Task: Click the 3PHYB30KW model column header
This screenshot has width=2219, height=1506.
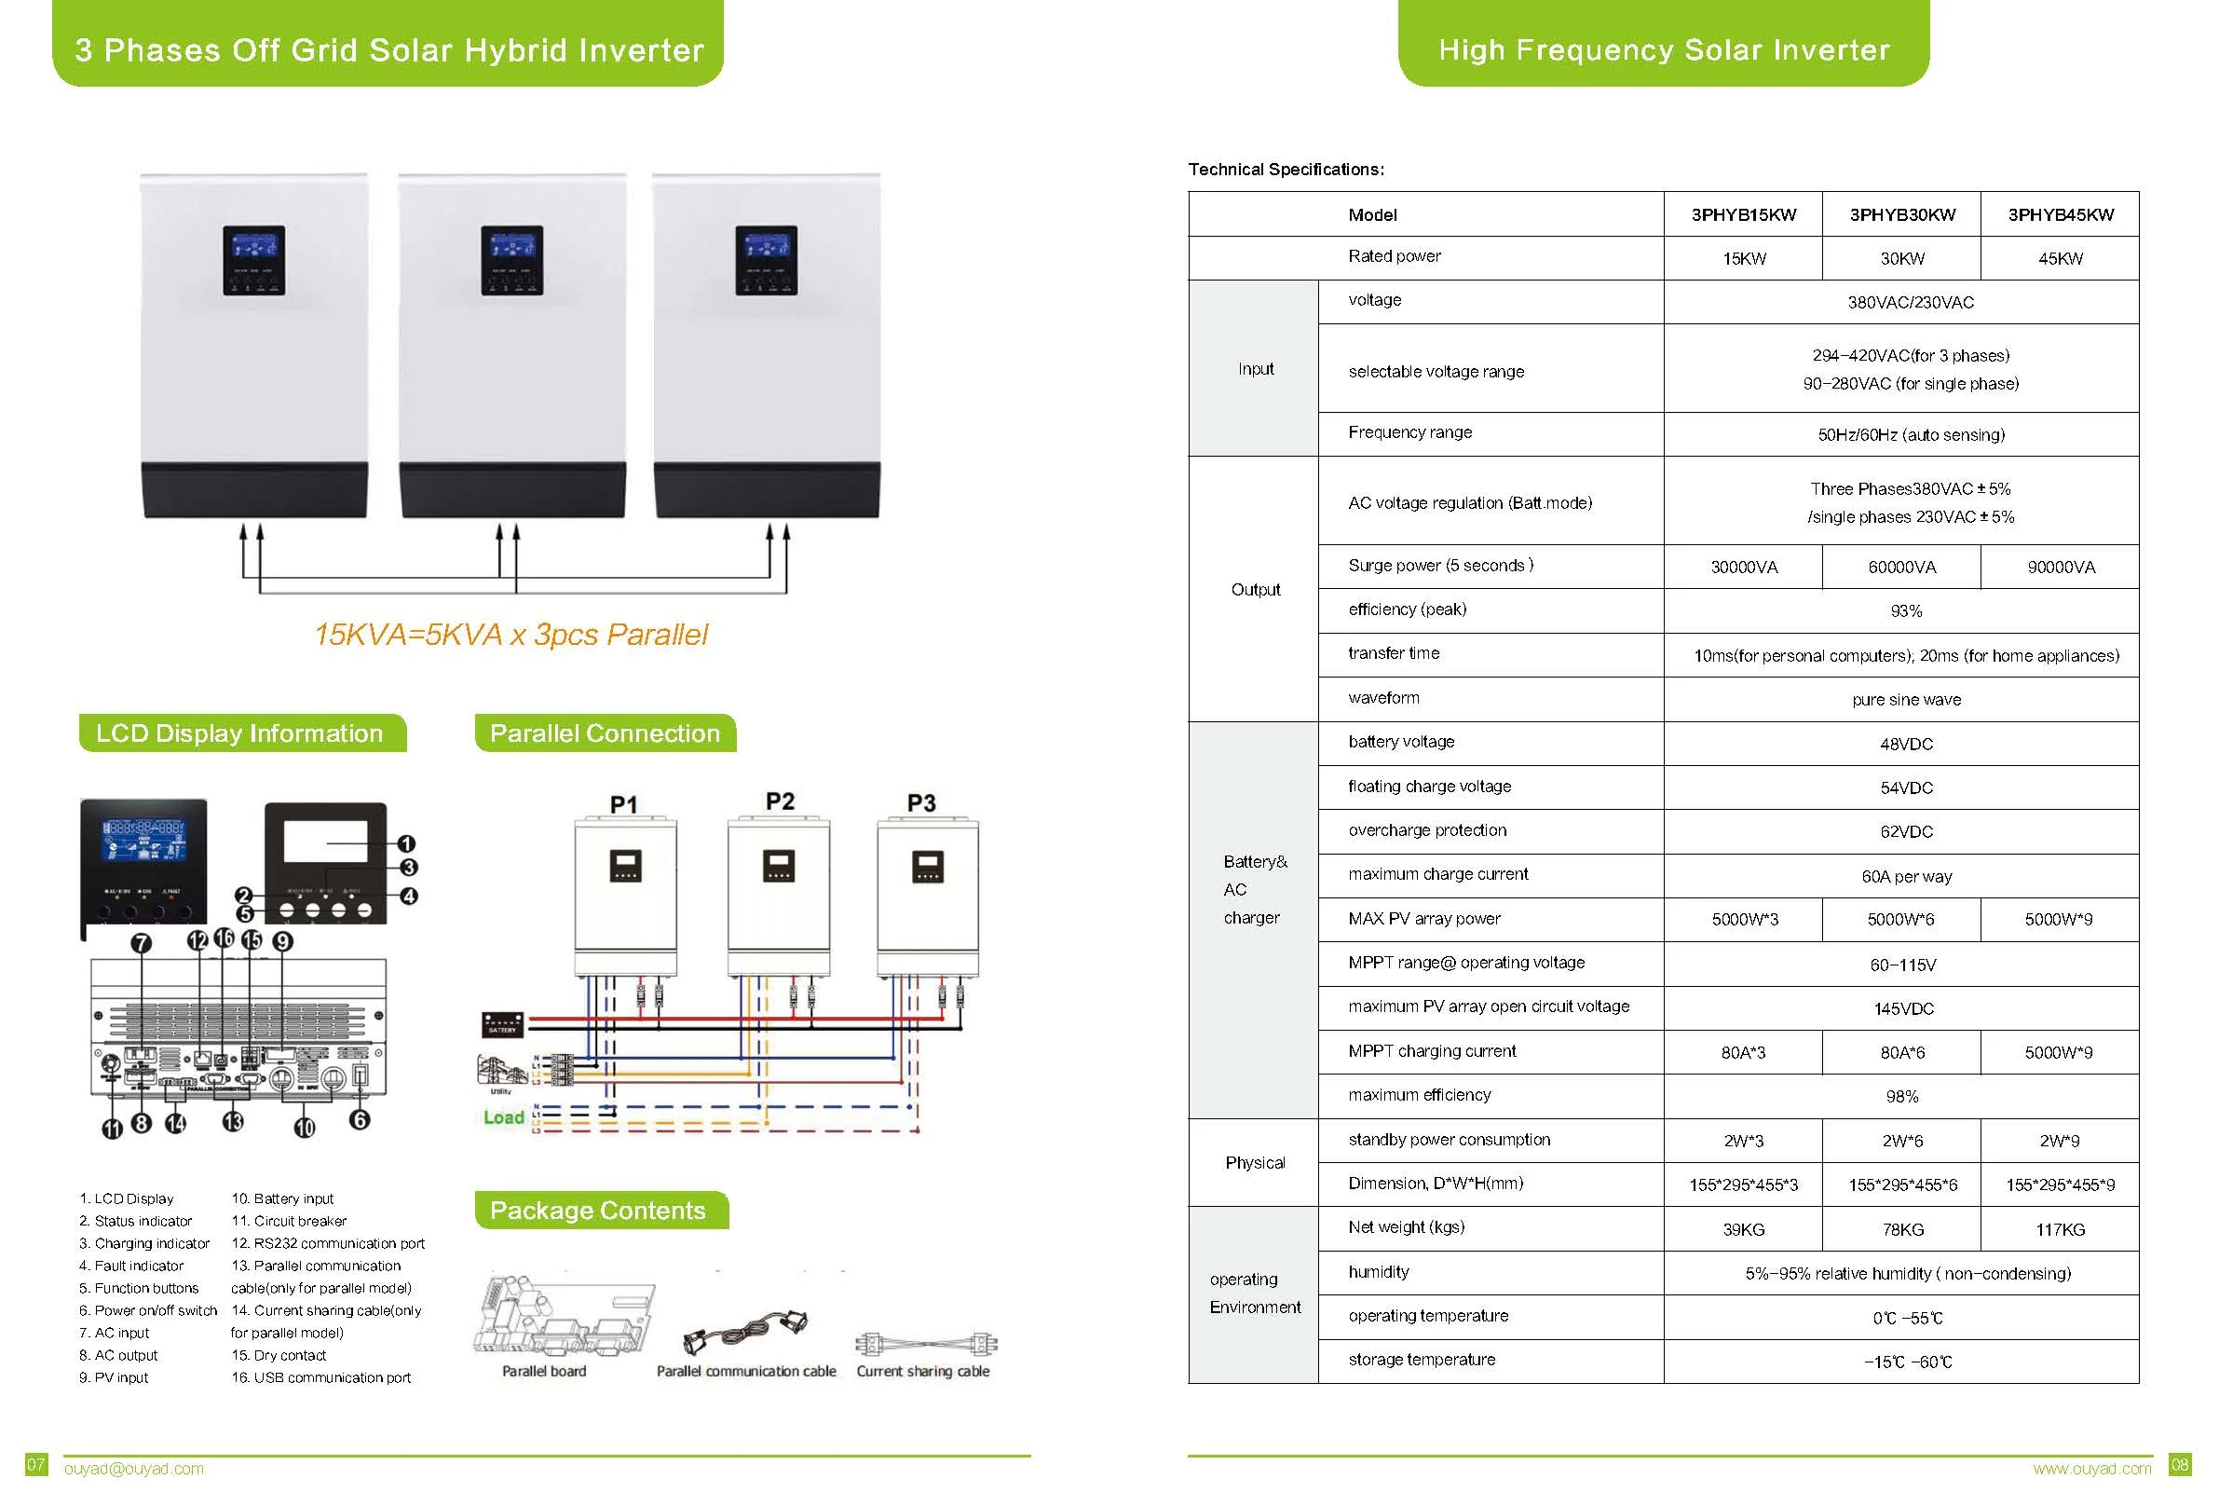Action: (x=1901, y=215)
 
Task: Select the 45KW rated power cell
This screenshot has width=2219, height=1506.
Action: (x=2060, y=259)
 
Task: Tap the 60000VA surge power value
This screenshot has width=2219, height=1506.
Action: (x=1901, y=568)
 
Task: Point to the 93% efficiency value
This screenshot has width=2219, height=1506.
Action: (x=1906, y=611)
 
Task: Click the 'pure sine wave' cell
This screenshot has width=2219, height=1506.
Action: (x=1906, y=700)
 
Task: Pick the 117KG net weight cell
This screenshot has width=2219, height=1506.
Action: (x=2060, y=1230)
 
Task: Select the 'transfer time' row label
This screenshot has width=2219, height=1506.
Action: (x=1393, y=653)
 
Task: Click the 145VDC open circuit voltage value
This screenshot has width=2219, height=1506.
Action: (x=1903, y=1008)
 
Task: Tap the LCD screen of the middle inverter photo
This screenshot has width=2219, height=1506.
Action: (x=511, y=247)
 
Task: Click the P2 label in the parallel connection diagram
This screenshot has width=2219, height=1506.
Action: (x=779, y=801)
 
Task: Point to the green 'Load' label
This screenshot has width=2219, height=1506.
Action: (x=503, y=1117)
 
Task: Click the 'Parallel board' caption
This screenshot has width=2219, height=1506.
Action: (x=543, y=1372)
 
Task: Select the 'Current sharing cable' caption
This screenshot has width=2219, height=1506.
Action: (x=922, y=1372)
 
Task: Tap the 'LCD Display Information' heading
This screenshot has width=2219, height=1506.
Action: (x=239, y=733)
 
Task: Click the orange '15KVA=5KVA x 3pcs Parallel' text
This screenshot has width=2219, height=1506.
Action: (x=511, y=635)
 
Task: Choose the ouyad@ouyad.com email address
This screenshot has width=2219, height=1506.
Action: (x=133, y=1469)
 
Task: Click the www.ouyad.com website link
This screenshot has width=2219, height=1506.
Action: (x=2092, y=1469)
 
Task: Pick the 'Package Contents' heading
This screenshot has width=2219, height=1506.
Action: (x=598, y=1211)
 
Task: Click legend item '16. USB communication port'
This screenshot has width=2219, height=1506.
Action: (x=320, y=1378)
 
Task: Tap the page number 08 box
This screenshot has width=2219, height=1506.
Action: (x=2181, y=1465)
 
